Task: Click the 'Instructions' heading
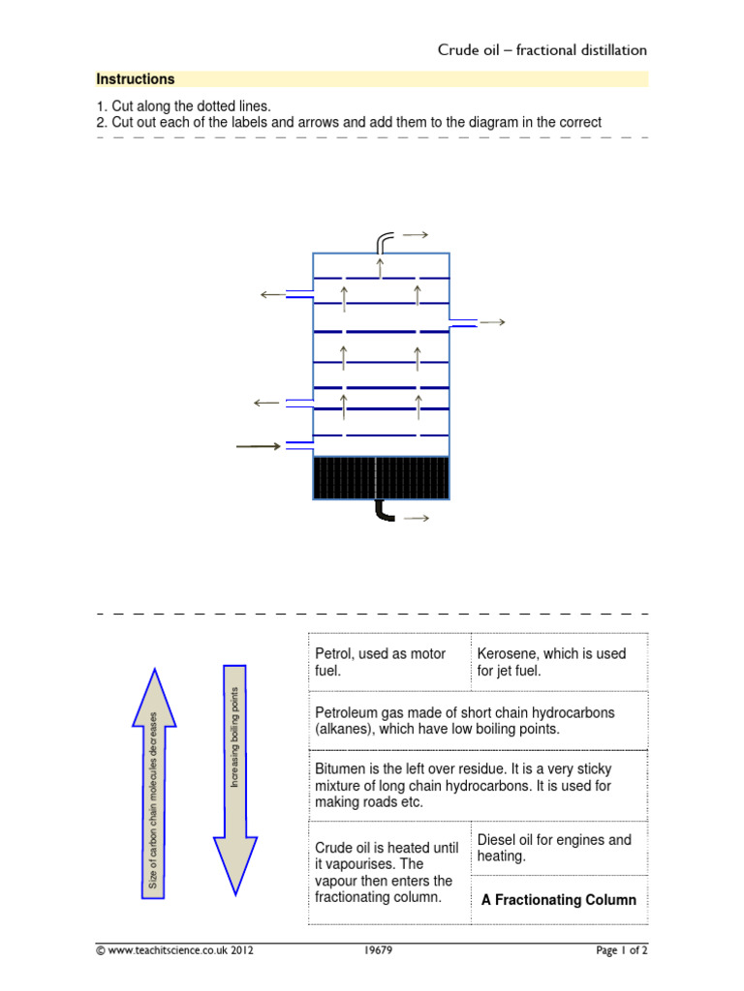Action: [x=135, y=79]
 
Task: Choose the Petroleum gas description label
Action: [x=465, y=720]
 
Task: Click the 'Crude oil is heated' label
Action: [x=386, y=872]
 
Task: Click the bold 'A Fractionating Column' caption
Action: [x=559, y=900]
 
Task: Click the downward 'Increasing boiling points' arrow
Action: [x=235, y=778]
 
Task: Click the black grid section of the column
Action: [x=382, y=478]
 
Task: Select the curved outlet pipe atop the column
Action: [x=385, y=239]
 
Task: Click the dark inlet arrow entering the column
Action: [x=259, y=446]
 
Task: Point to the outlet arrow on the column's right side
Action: [x=491, y=322]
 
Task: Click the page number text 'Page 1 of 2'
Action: [x=621, y=951]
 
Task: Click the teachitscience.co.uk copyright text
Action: [x=174, y=951]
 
